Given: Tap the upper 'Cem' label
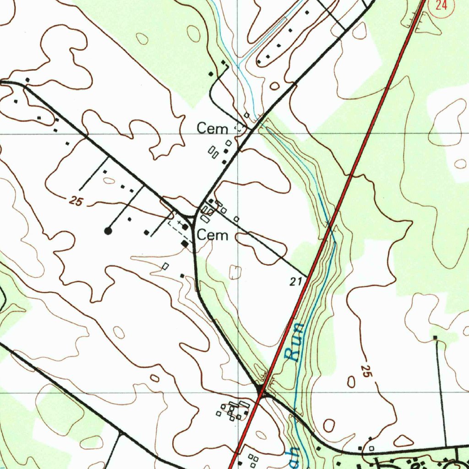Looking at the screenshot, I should [x=212, y=129].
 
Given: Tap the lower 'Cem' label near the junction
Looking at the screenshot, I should [x=212, y=235].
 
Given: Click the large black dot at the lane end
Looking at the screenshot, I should [x=108, y=231].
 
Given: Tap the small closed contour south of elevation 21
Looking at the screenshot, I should [x=235, y=272].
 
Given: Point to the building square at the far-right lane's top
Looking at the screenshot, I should [x=436, y=338].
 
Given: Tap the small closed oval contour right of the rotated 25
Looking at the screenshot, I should [x=351, y=382].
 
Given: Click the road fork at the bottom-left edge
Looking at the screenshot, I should [x=120, y=432].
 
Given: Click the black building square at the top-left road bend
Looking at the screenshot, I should [x=27, y=80].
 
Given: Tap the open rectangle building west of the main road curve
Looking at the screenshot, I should [x=166, y=266].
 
